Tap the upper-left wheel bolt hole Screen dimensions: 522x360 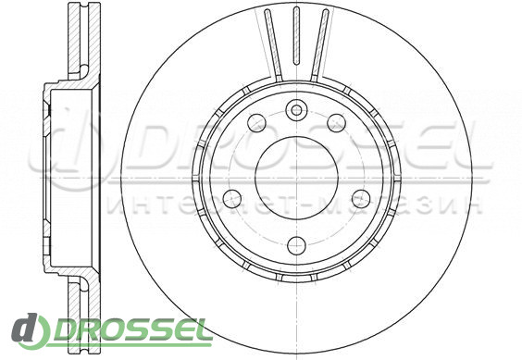257,122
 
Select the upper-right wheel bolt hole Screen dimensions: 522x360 336,122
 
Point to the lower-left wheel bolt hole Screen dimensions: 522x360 232,198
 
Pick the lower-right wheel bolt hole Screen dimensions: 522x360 361,198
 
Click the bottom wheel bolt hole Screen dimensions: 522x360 296,246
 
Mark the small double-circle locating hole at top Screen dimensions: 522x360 296,109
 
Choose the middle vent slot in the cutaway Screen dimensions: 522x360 296,35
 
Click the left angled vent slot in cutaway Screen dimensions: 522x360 274,45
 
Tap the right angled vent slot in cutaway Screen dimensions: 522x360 319,45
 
